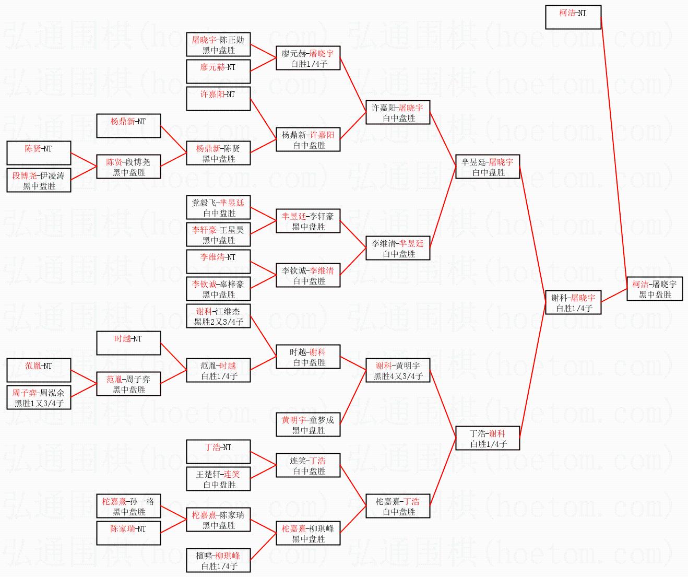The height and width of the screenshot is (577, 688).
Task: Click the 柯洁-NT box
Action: (x=573, y=17)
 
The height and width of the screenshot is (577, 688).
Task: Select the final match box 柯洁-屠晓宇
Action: (x=655, y=289)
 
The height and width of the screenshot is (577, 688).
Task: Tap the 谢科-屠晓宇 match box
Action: (x=573, y=302)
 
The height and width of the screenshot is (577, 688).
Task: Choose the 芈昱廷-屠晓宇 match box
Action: (x=488, y=167)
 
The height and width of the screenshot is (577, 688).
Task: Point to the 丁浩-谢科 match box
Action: (x=488, y=438)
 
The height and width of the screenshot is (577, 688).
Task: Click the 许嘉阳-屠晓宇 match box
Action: (x=398, y=112)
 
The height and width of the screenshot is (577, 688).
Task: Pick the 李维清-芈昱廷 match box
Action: (x=398, y=248)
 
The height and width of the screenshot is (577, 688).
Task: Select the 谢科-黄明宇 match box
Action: (x=398, y=370)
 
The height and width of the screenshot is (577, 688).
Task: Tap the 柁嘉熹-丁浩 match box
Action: (x=398, y=506)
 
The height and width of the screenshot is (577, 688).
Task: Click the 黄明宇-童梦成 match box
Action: (x=308, y=425)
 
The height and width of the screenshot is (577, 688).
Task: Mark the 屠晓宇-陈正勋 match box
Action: (x=218, y=44)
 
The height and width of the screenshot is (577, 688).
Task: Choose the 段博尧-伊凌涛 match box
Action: (x=39, y=180)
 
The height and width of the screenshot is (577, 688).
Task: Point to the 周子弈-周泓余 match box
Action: (x=39, y=397)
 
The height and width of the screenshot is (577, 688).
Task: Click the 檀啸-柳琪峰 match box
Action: (x=218, y=560)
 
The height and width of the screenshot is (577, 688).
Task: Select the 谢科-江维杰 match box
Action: (x=218, y=316)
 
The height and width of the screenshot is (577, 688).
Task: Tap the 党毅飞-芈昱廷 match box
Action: (x=218, y=207)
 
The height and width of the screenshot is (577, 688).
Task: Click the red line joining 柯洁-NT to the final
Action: (x=614, y=151)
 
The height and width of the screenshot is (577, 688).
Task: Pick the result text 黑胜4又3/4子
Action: (x=398, y=376)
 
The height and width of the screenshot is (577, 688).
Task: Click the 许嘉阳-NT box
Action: (x=218, y=99)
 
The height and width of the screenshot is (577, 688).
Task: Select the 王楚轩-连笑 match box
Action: (x=218, y=479)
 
